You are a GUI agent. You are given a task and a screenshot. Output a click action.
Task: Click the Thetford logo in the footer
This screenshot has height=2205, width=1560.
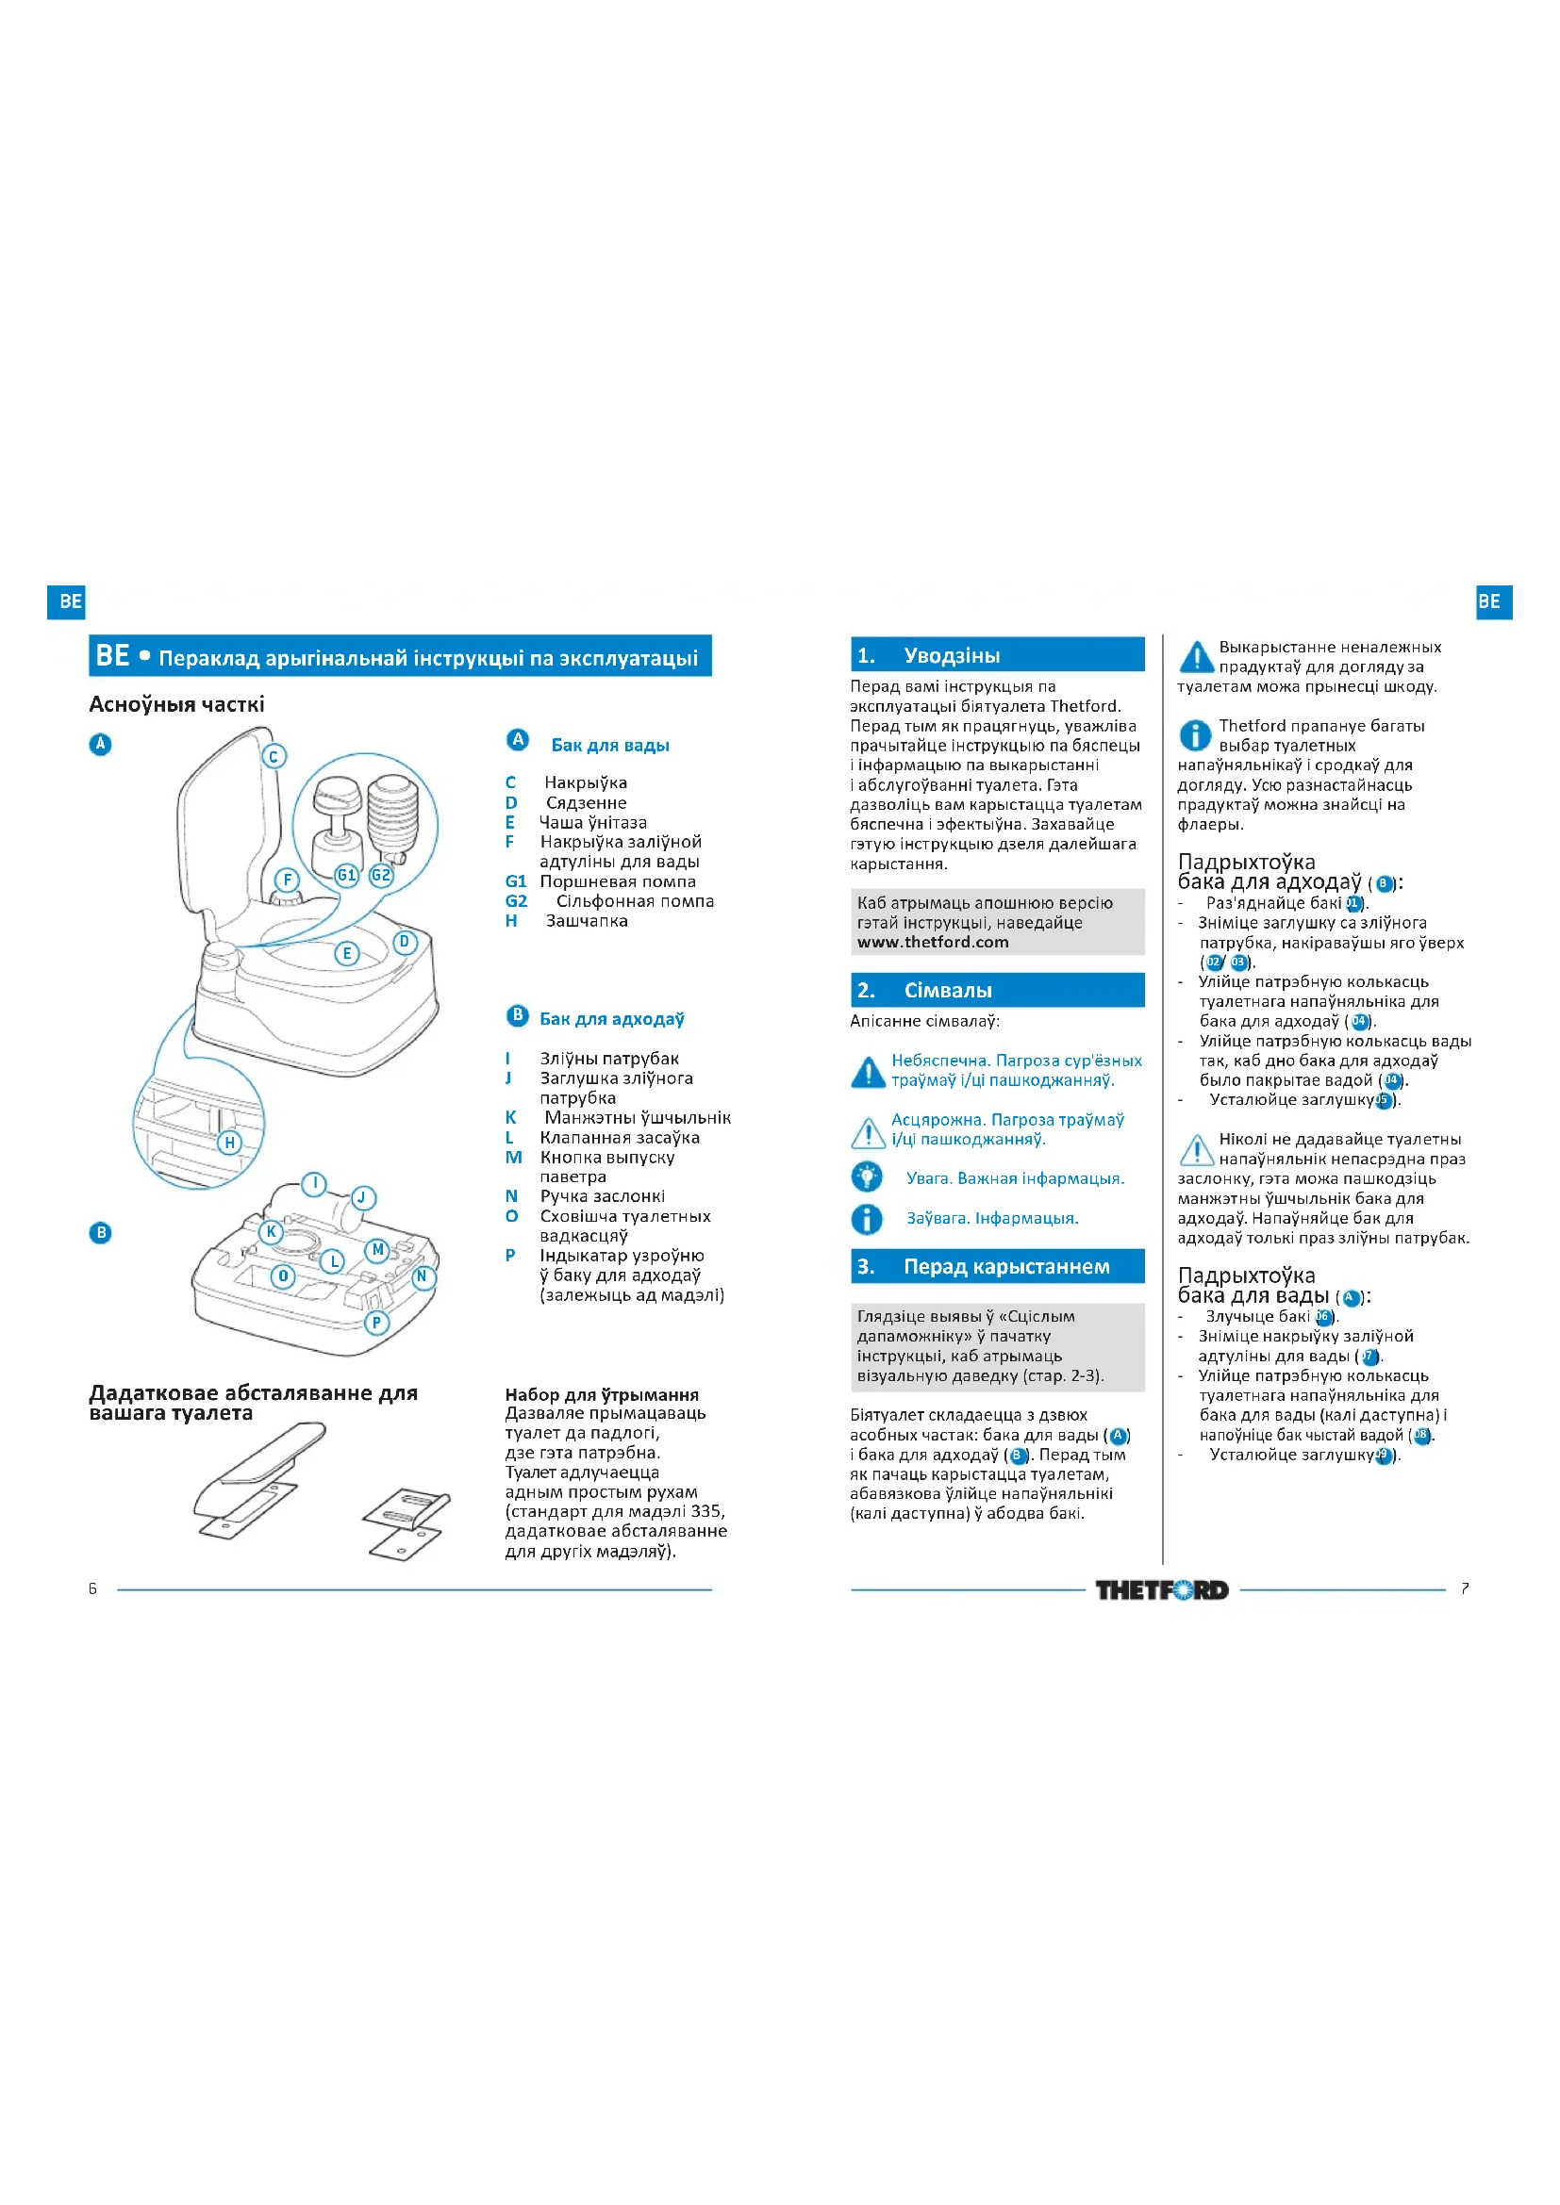1162,1589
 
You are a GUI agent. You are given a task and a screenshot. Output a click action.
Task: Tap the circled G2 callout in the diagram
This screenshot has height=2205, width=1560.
381,874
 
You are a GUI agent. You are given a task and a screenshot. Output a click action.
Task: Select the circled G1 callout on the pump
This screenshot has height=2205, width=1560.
346,874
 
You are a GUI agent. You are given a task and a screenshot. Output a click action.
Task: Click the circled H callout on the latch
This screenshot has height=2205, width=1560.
229,1142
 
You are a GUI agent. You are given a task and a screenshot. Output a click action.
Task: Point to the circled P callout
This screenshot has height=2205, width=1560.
376,1323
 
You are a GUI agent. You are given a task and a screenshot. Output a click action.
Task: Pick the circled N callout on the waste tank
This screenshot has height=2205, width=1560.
422,1276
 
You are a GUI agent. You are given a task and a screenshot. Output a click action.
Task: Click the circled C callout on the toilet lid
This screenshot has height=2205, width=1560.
274,757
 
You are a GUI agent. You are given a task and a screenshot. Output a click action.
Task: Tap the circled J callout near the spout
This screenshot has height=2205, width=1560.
362,1197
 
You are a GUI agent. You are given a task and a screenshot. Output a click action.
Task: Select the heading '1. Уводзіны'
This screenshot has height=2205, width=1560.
997,655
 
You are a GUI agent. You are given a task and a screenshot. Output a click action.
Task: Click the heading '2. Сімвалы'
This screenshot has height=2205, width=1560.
997,990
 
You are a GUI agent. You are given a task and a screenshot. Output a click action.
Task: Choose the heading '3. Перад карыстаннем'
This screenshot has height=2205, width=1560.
997,1266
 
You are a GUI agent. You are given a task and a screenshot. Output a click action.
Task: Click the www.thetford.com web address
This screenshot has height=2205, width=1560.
933,942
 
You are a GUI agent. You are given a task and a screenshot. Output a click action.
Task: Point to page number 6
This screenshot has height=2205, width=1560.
93,1588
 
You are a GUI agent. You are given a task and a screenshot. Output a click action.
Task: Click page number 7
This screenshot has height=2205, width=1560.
1464,1588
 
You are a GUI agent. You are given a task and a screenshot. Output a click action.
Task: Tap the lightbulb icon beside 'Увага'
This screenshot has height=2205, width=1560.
867,1177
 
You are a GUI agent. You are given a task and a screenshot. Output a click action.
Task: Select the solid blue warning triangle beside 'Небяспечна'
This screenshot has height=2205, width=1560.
868,1072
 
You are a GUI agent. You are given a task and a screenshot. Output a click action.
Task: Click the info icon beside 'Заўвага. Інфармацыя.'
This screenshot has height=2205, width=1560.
867,1219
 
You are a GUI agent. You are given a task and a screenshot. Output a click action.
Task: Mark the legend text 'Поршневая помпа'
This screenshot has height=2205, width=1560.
618,881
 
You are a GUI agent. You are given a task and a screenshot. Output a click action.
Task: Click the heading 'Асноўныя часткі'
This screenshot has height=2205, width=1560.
176,704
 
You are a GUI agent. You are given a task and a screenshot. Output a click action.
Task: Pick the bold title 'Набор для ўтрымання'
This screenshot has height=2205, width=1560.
603,1394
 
